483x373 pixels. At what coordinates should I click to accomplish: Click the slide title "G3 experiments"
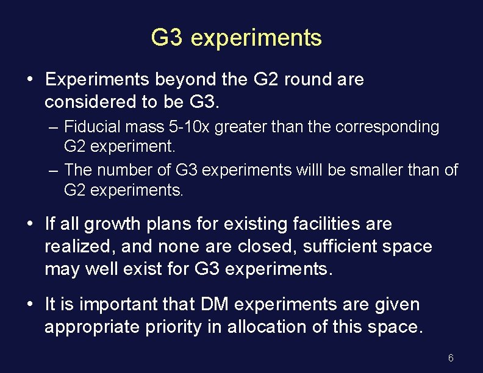tap(236, 38)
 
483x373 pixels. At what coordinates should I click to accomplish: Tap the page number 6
tap(451, 358)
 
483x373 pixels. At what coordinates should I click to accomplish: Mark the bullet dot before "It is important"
tap(30, 304)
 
